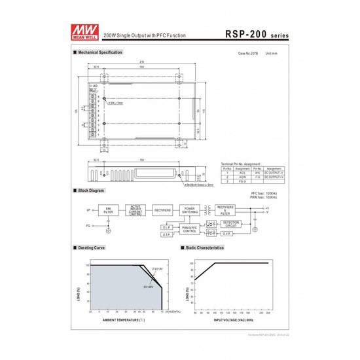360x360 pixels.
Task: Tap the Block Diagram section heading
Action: tap(91, 190)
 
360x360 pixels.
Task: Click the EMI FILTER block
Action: tap(108, 209)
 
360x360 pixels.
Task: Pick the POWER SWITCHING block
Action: tap(190, 209)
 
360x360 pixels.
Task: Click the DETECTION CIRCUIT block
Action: tap(231, 224)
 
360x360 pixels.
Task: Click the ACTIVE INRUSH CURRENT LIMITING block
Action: tap(135, 209)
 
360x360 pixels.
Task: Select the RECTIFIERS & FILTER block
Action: tap(225, 209)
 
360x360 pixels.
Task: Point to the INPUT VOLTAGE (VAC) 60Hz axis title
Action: tap(231, 320)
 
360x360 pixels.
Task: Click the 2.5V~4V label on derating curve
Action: tap(158, 269)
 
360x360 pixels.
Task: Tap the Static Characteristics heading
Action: tap(206, 249)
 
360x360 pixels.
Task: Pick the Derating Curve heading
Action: tap(91, 249)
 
